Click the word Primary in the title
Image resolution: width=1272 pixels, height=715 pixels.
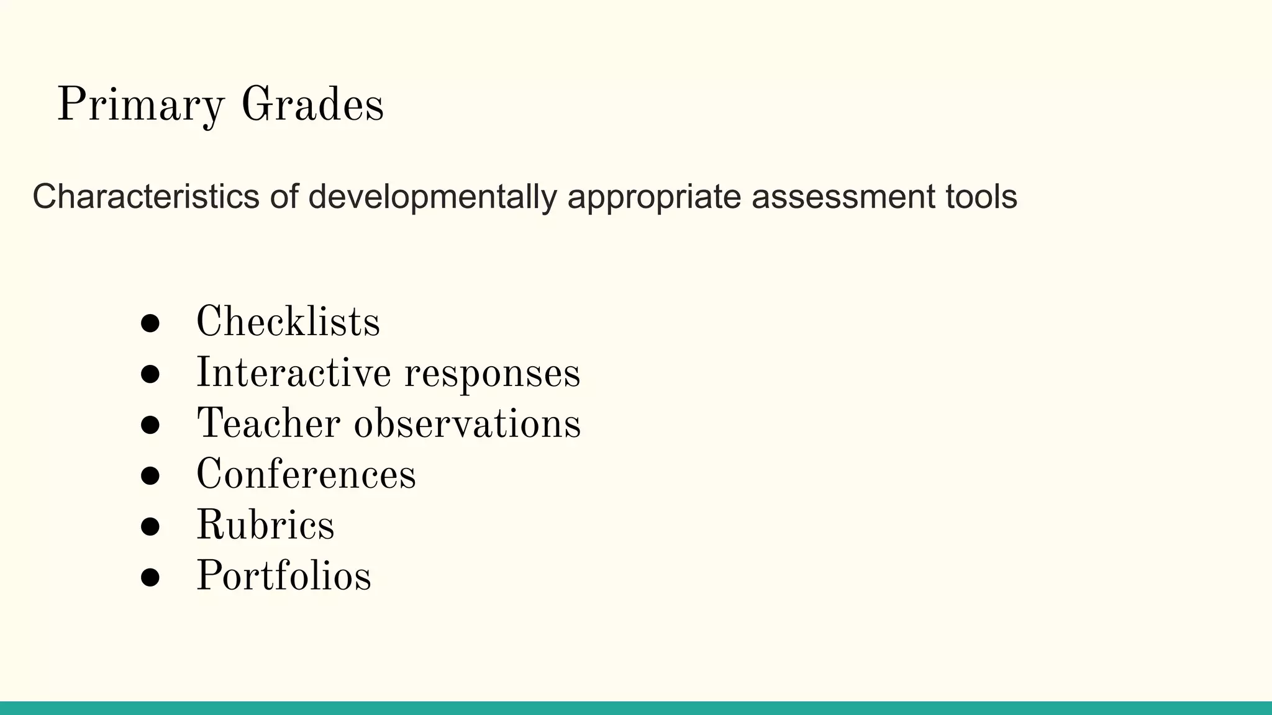coord(140,105)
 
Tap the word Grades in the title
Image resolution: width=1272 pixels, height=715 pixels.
coord(312,105)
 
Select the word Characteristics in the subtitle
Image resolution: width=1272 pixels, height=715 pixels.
coord(146,197)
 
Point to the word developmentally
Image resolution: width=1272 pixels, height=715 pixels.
coord(432,197)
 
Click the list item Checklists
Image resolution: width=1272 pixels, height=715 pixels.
coord(288,322)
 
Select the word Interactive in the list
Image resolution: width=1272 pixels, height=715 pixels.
coord(293,373)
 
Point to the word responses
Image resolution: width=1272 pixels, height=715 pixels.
coord(493,374)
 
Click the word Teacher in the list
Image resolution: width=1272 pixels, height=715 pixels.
coord(268,424)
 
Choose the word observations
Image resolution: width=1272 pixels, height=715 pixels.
coord(467,424)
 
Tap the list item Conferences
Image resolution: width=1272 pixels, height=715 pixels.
coord(306,475)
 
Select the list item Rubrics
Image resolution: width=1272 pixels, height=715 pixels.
coord(265,526)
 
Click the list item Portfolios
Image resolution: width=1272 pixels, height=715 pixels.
coord(284,576)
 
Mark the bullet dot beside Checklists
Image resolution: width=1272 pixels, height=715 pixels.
coord(150,323)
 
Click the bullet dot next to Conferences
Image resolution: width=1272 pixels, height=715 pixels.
coord(150,475)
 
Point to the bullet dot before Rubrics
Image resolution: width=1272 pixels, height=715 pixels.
coord(150,526)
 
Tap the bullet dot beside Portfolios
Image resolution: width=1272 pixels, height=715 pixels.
coord(150,577)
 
